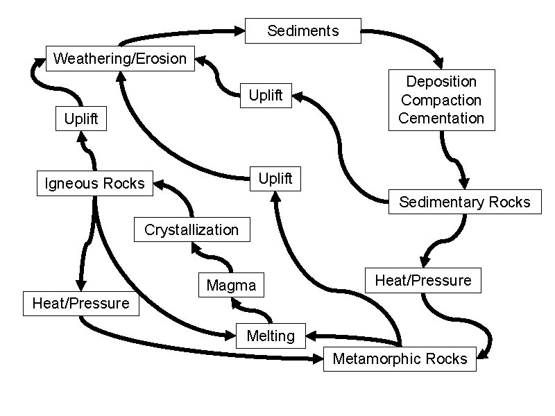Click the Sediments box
(303, 31)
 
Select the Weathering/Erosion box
(120, 58)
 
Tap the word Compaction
(441, 100)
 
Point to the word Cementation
(441, 118)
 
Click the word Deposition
(441, 82)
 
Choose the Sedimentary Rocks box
(464, 202)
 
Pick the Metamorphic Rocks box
(400, 358)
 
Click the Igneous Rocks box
(94, 183)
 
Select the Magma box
(231, 285)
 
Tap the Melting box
(271, 336)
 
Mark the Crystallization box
(191, 229)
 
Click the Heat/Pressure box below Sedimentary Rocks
(422, 280)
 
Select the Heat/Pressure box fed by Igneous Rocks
(80, 303)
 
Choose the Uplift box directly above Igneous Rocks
(81, 119)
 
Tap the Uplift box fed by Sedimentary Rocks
(266, 96)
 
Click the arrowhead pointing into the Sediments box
(239, 31)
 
